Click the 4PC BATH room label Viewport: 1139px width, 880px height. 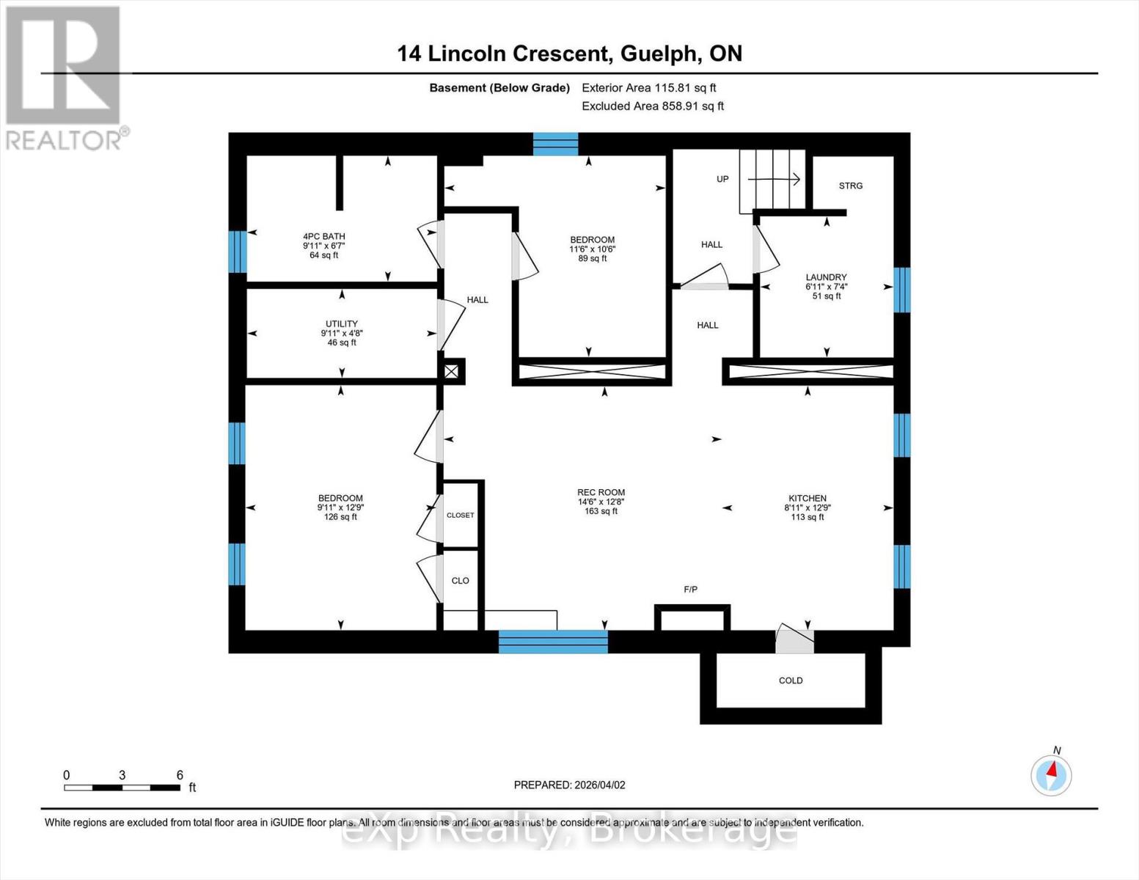click(324, 236)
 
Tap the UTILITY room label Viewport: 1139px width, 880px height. click(342, 324)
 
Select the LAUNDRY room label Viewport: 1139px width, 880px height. click(827, 277)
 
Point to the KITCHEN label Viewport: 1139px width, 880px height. click(807, 499)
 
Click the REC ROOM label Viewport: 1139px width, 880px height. click(601, 493)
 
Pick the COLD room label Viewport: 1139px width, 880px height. click(791, 681)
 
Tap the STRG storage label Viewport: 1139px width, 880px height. click(851, 186)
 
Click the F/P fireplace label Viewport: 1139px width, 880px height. click(691, 590)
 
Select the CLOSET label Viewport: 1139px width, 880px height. click(460, 516)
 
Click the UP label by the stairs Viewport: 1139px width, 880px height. click(723, 179)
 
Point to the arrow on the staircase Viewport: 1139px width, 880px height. click(774, 180)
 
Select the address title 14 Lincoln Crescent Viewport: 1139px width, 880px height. click(505, 54)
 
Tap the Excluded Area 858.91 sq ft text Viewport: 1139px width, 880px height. click(653, 106)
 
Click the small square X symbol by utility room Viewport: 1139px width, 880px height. click(451, 372)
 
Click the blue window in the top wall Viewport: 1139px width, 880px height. click(556, 144)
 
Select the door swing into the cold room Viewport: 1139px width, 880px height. click(794, 639)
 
